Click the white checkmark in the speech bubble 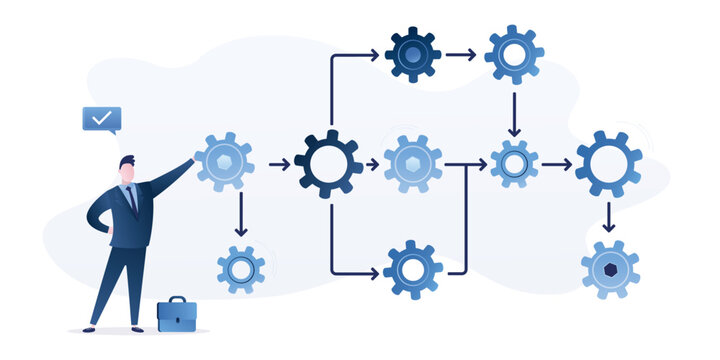[x=101, y=118]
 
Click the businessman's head [x=127, y=170]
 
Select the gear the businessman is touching [x=223, y=162]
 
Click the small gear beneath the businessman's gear [x=241, y=268]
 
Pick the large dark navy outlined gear [x=329, y=163]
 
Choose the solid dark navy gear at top [x=413, y=54]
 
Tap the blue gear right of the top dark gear [x=514, y=54]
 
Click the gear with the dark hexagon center [x=610, y=269]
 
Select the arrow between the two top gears [x=462, y=54]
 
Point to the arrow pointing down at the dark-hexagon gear [x=609, y=217]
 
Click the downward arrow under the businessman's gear [x=241, y=214]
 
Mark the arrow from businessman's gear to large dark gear [x=279, y=163]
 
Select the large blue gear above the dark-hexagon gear [x=609, y=163]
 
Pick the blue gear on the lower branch [x=413, y=269]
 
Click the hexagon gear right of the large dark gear [x=413, y=163]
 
